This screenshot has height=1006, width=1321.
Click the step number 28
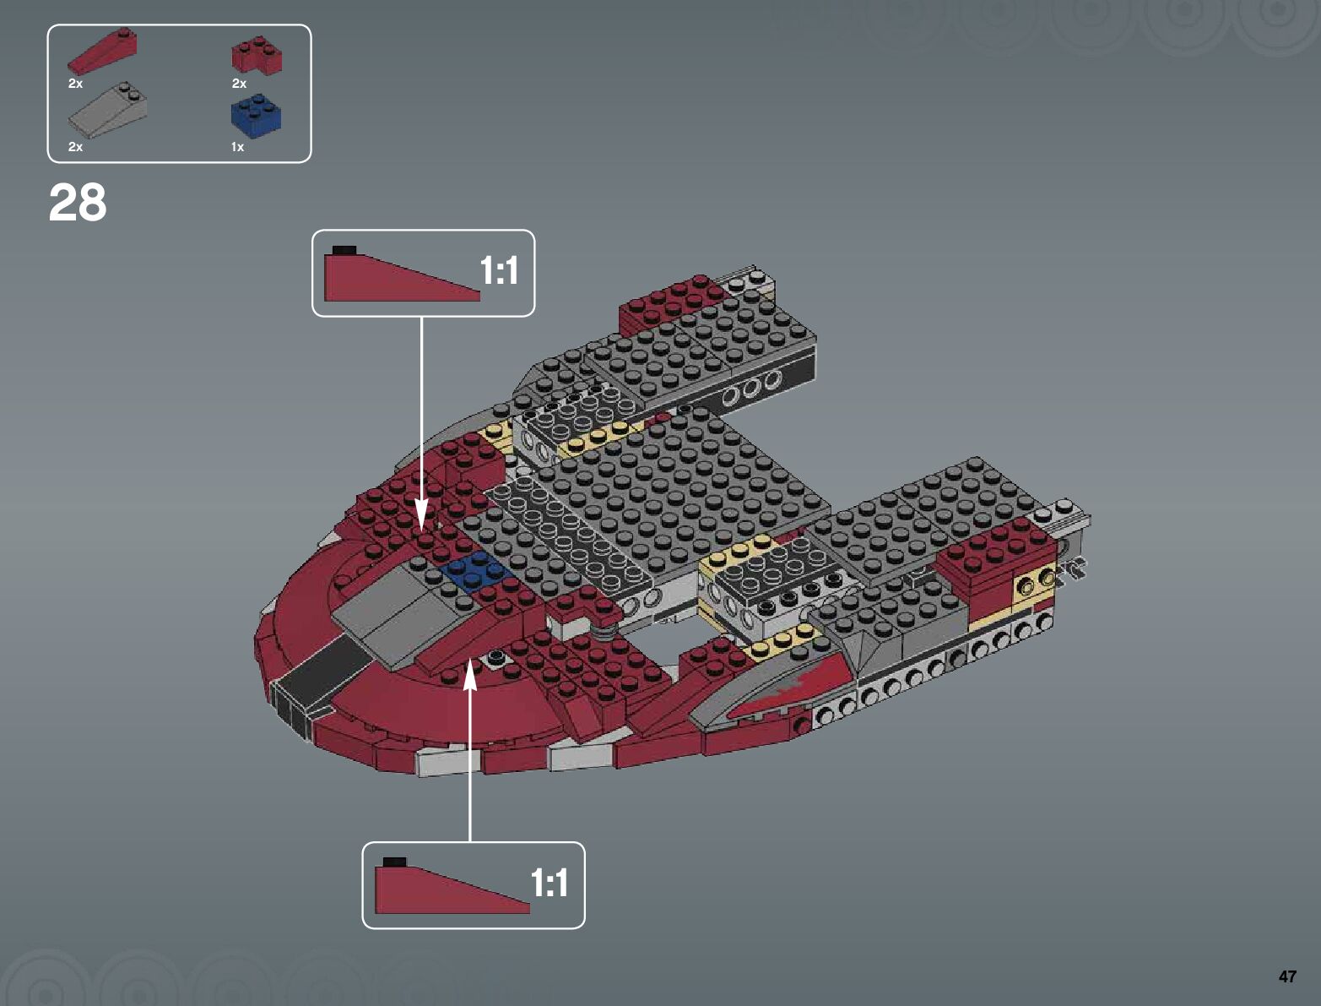78,204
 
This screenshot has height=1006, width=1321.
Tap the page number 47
1286,976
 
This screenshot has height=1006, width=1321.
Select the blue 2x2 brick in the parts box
256,117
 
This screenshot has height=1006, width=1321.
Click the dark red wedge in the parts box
102,52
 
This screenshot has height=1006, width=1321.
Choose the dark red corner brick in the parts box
257,56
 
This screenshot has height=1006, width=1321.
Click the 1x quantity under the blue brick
237,147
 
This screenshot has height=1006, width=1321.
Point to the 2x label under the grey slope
75,147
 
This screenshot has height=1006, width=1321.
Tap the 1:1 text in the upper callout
498,271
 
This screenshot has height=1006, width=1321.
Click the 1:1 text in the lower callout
549,884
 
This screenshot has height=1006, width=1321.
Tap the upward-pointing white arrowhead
470,676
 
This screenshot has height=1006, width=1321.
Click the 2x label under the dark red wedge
75,84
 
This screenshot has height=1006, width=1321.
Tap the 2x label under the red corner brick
239,84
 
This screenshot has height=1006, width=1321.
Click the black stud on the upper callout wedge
344,250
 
